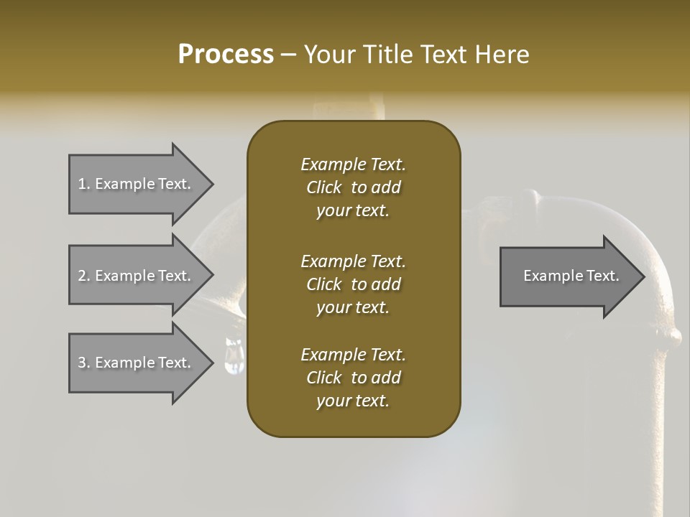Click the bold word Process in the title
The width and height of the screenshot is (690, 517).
[226, 55]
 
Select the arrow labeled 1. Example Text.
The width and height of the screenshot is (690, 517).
[137, 184]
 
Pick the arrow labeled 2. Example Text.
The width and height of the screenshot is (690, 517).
[137, 276]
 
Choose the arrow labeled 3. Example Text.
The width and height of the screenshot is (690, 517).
[137, 363]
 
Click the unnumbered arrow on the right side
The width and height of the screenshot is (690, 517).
[568, 276]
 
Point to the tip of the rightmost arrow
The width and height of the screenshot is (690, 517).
[643, 276]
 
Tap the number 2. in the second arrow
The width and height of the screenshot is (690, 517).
[83, 276]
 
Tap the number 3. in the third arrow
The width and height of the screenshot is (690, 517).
[83, 363]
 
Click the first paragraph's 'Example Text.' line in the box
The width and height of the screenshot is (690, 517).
[353, 164]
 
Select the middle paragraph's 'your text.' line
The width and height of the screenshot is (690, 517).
[353, 307]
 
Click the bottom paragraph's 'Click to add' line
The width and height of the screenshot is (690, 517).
[353, 378]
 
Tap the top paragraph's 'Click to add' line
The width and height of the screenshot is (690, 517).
[353, 187]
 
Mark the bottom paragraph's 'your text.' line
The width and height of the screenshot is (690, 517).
[353, 401]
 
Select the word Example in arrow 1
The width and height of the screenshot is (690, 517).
[124, 184]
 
